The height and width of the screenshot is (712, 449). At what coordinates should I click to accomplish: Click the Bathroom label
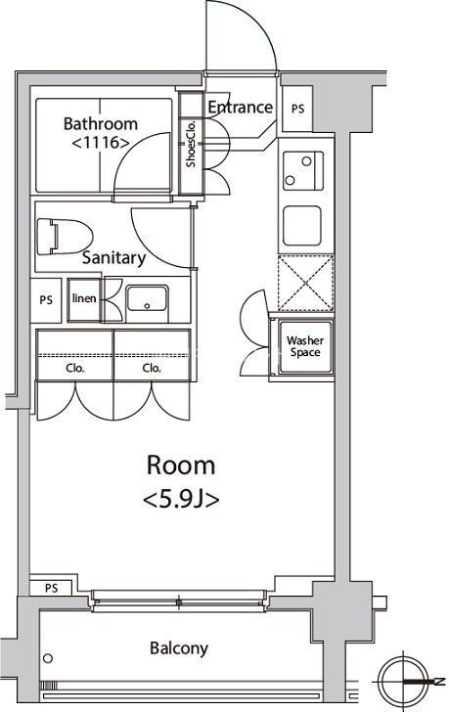(101, 123)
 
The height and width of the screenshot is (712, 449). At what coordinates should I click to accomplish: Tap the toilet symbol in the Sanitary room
(65, 237)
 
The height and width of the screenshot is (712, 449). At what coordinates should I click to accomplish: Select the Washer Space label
(305, 346)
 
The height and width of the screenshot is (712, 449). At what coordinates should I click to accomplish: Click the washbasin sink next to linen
(147, 298)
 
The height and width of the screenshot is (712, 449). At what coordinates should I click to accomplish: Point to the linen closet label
(84, 298)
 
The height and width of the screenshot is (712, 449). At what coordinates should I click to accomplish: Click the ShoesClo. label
(191, 144)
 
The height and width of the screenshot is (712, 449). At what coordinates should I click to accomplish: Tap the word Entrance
(241, 108)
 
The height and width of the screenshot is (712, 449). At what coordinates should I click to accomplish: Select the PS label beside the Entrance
(297, 109)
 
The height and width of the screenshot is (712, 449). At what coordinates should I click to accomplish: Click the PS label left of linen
(46, 300)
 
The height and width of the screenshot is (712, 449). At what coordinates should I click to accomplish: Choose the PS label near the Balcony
(51, 588)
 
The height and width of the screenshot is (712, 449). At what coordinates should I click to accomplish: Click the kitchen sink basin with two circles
(303, 171)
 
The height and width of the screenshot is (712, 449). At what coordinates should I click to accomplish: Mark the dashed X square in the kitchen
(306, 284)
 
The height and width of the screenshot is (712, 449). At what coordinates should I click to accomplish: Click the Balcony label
(179, 648)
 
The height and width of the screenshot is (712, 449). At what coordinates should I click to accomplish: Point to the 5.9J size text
(181, 500)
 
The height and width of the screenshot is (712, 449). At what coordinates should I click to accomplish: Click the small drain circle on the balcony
(48, 658)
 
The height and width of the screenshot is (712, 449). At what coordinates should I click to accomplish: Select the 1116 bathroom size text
(101, 143)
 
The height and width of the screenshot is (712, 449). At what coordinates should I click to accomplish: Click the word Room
(181, 466)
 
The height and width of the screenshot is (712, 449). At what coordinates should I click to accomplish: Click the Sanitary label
(113, 258)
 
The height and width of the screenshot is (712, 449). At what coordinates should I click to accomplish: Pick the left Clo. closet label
(75, 368)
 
